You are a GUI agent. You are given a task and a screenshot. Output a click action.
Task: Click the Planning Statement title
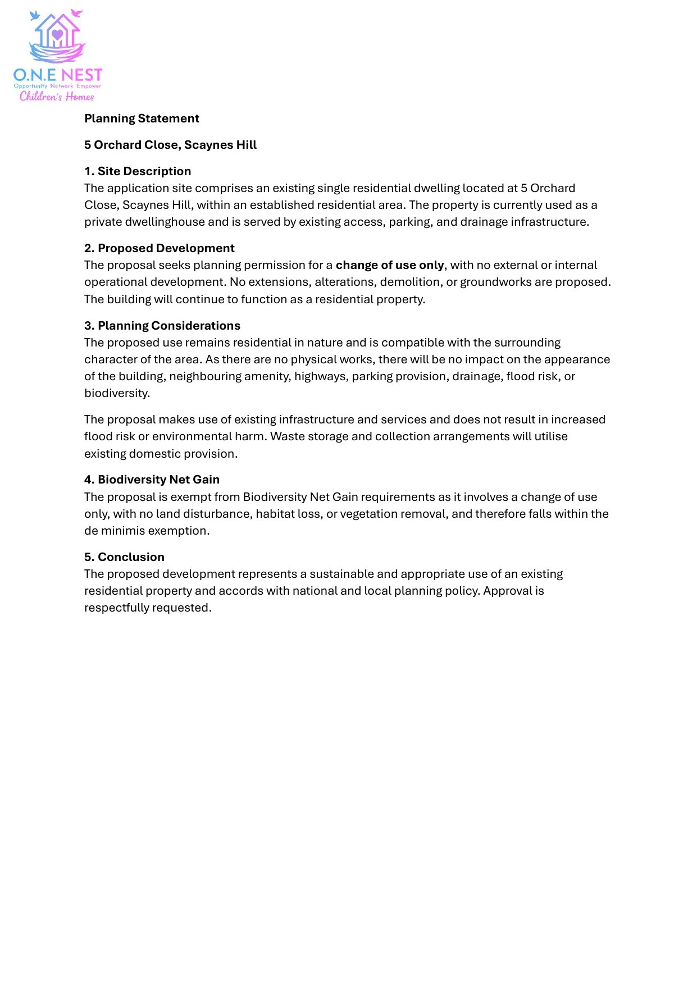(142, 118)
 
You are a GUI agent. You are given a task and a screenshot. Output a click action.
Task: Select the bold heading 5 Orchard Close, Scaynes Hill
(170, 145)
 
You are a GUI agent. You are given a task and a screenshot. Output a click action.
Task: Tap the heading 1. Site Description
(138, 171)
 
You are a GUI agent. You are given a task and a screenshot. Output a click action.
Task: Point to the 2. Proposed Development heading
(160, 248)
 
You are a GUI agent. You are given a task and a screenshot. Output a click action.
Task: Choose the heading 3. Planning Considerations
(162, 326)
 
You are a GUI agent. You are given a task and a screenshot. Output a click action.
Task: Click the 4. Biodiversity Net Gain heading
(152, 480)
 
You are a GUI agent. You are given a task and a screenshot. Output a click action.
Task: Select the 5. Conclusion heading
(124, 557)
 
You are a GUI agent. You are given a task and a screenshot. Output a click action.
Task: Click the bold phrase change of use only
(390, 265)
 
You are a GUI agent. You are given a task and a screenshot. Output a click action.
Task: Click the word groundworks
(495, 282)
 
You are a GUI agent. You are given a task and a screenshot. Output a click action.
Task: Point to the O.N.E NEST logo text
(58, 75)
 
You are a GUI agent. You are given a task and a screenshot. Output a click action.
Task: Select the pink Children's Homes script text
(57, 97)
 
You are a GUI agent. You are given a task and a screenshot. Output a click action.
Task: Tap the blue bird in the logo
(35, 15)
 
